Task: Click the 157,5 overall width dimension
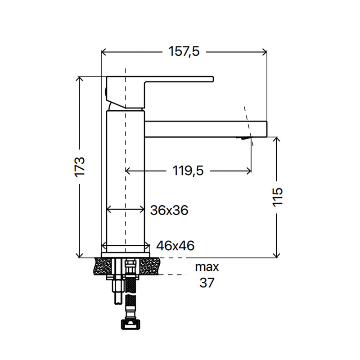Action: coord(184,51)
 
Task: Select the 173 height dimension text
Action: coord(80,167)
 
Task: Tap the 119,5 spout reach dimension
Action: coord(188,171)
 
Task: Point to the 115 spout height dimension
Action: coord(277,197)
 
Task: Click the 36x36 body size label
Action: coord(169,210)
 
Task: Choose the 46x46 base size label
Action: coord(175,246)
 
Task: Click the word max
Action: coord(207,267)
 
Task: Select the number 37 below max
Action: coord(207,283)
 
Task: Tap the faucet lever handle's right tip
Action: coord(213,79)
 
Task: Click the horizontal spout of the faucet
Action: coord(206,129)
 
